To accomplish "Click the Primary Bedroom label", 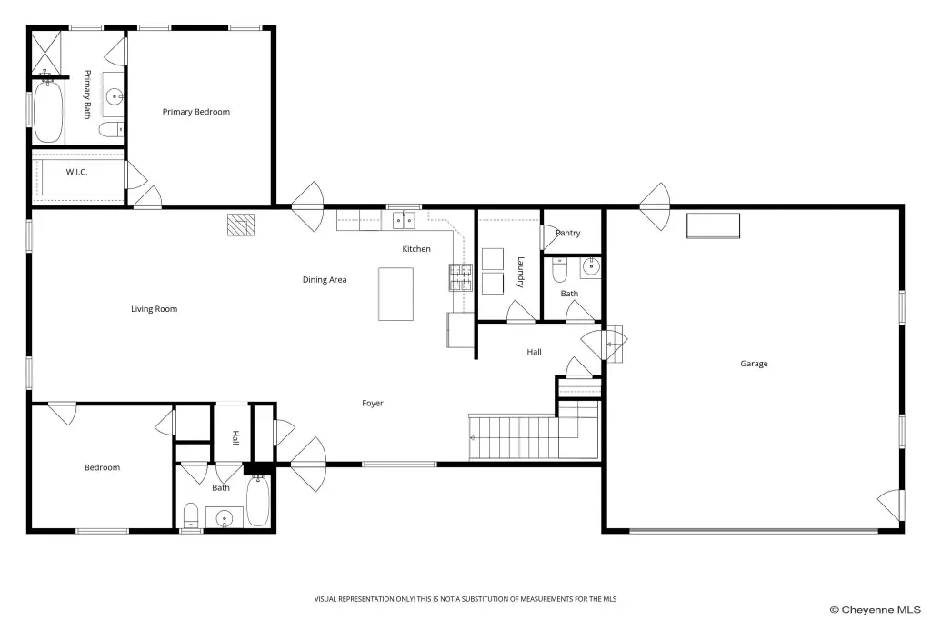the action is coord(196,112).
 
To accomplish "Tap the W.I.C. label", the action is coord(76,172).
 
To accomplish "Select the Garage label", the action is coord(754,364).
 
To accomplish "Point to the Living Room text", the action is coord(155,309).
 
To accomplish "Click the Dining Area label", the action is coord(325,280).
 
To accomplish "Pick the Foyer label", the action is coord(373,404).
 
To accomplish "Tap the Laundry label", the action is coord(521,272).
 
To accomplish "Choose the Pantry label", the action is coord(568,233).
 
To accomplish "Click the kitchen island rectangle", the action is coord(396,294).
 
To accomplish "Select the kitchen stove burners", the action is coord(460,277).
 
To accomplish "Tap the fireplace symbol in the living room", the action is coord(241,225).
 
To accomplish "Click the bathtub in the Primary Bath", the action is coord(48,112).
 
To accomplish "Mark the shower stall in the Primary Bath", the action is coord(46,52).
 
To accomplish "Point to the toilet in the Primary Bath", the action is coord(111,129).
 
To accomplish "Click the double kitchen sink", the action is coord(405,220).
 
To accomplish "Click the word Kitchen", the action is coord(416,249).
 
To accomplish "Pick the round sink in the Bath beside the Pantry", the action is coord(591,268).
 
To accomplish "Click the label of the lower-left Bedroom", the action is coord(102,467).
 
